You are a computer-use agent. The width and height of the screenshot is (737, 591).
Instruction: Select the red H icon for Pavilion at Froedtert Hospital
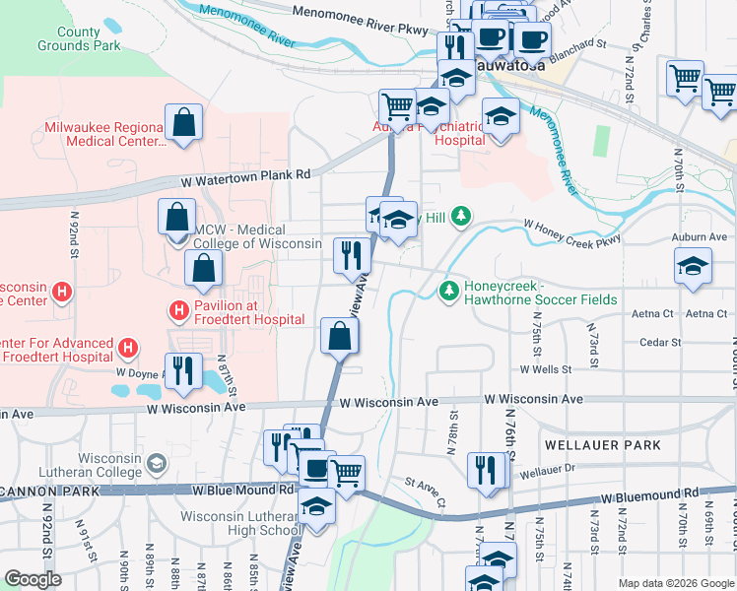click(x=178, y=310)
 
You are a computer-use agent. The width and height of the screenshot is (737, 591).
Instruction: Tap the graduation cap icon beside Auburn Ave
click(x=693, y=267)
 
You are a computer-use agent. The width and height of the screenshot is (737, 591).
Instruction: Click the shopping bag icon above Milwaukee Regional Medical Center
click(x=183, y=123)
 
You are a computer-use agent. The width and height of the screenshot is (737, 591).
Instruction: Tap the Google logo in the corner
click(x=33, y=578)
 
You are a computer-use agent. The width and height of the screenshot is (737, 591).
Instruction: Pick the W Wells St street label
click(x=545, y=369)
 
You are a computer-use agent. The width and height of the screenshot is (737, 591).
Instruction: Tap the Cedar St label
click(x=660, y=343)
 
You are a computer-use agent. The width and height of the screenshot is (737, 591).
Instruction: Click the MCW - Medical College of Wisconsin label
click(x=258, y=237)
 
